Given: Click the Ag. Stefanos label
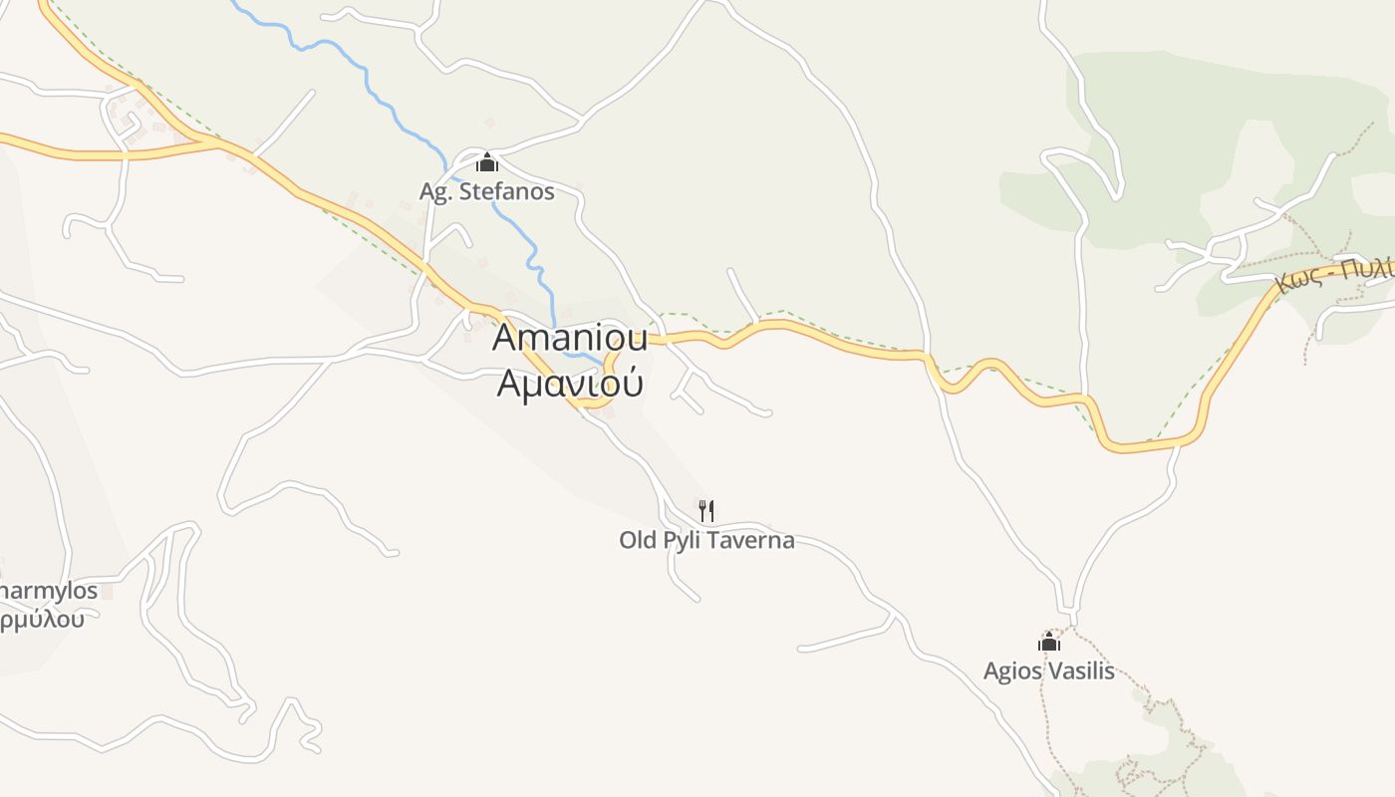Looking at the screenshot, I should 486,191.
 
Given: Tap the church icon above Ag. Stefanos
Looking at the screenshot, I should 487,162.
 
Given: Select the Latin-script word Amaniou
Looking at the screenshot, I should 570,338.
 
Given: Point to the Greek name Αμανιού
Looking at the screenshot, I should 570,383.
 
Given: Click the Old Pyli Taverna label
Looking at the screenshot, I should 706,541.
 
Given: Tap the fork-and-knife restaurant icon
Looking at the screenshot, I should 706,511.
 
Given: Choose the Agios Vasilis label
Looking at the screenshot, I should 1048,670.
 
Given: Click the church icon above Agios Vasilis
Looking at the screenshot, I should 1048,643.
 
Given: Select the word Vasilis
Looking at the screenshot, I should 1081,670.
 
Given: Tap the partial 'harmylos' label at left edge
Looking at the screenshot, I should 48,591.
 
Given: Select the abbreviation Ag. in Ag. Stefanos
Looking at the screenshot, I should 435,191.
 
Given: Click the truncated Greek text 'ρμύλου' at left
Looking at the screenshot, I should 42,619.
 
